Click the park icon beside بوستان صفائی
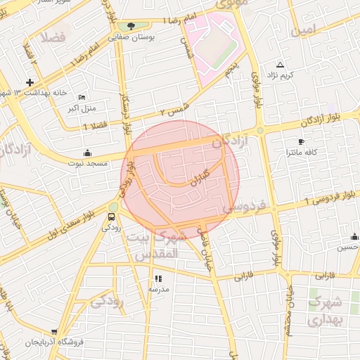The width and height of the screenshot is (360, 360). (x=131, y=26)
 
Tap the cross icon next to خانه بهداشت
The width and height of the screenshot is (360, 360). (x=30, y=82)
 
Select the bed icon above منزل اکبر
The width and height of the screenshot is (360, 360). (x=83, y=98)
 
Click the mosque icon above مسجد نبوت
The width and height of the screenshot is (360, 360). (x=86, y=153)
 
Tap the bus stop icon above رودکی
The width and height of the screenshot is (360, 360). (x=111, y=217)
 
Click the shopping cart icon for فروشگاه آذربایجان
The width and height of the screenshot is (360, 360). (x=55, y=332)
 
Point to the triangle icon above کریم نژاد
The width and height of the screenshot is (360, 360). (x=281, y=65)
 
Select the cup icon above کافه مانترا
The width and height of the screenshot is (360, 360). (x=302, y=142)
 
